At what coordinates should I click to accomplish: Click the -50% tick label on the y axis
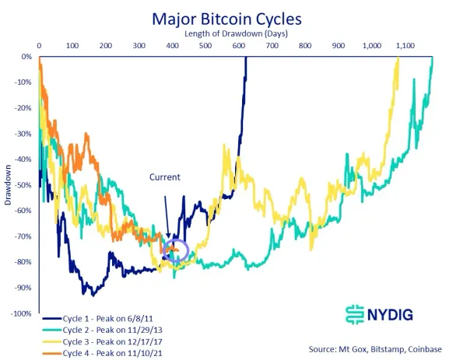[23, 185]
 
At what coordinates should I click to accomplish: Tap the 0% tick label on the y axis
[26, 57]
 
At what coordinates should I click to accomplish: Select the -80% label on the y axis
[23, 262]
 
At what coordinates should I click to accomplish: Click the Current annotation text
[164, 177]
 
